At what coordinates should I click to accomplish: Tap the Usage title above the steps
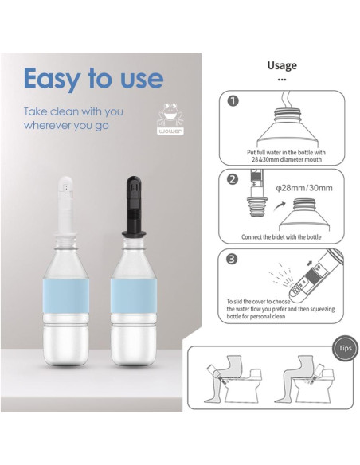(x=281, y=65)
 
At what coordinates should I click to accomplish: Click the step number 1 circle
(x=233, y=102)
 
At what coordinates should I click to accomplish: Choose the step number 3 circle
(x=233, y=260)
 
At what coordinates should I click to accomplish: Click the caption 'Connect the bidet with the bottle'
(x=281, y=236)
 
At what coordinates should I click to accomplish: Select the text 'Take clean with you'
(x=73, y=111)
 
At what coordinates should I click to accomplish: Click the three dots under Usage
(x=281, y=80)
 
